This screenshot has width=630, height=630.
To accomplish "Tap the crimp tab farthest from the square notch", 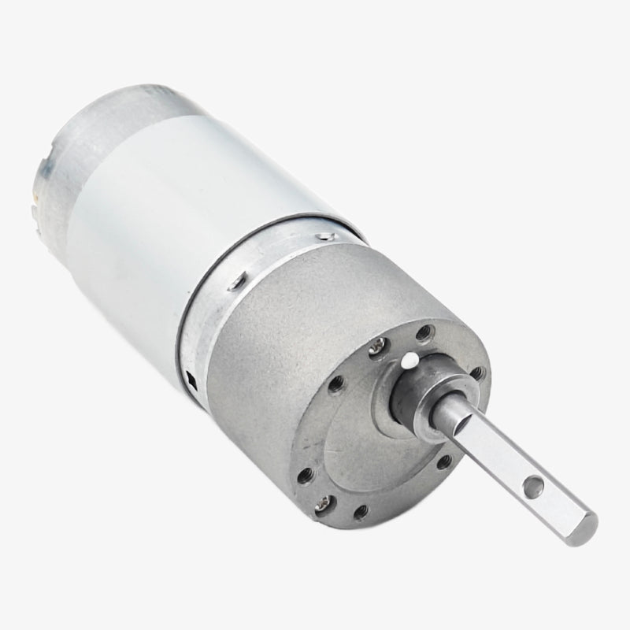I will point(327,235).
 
